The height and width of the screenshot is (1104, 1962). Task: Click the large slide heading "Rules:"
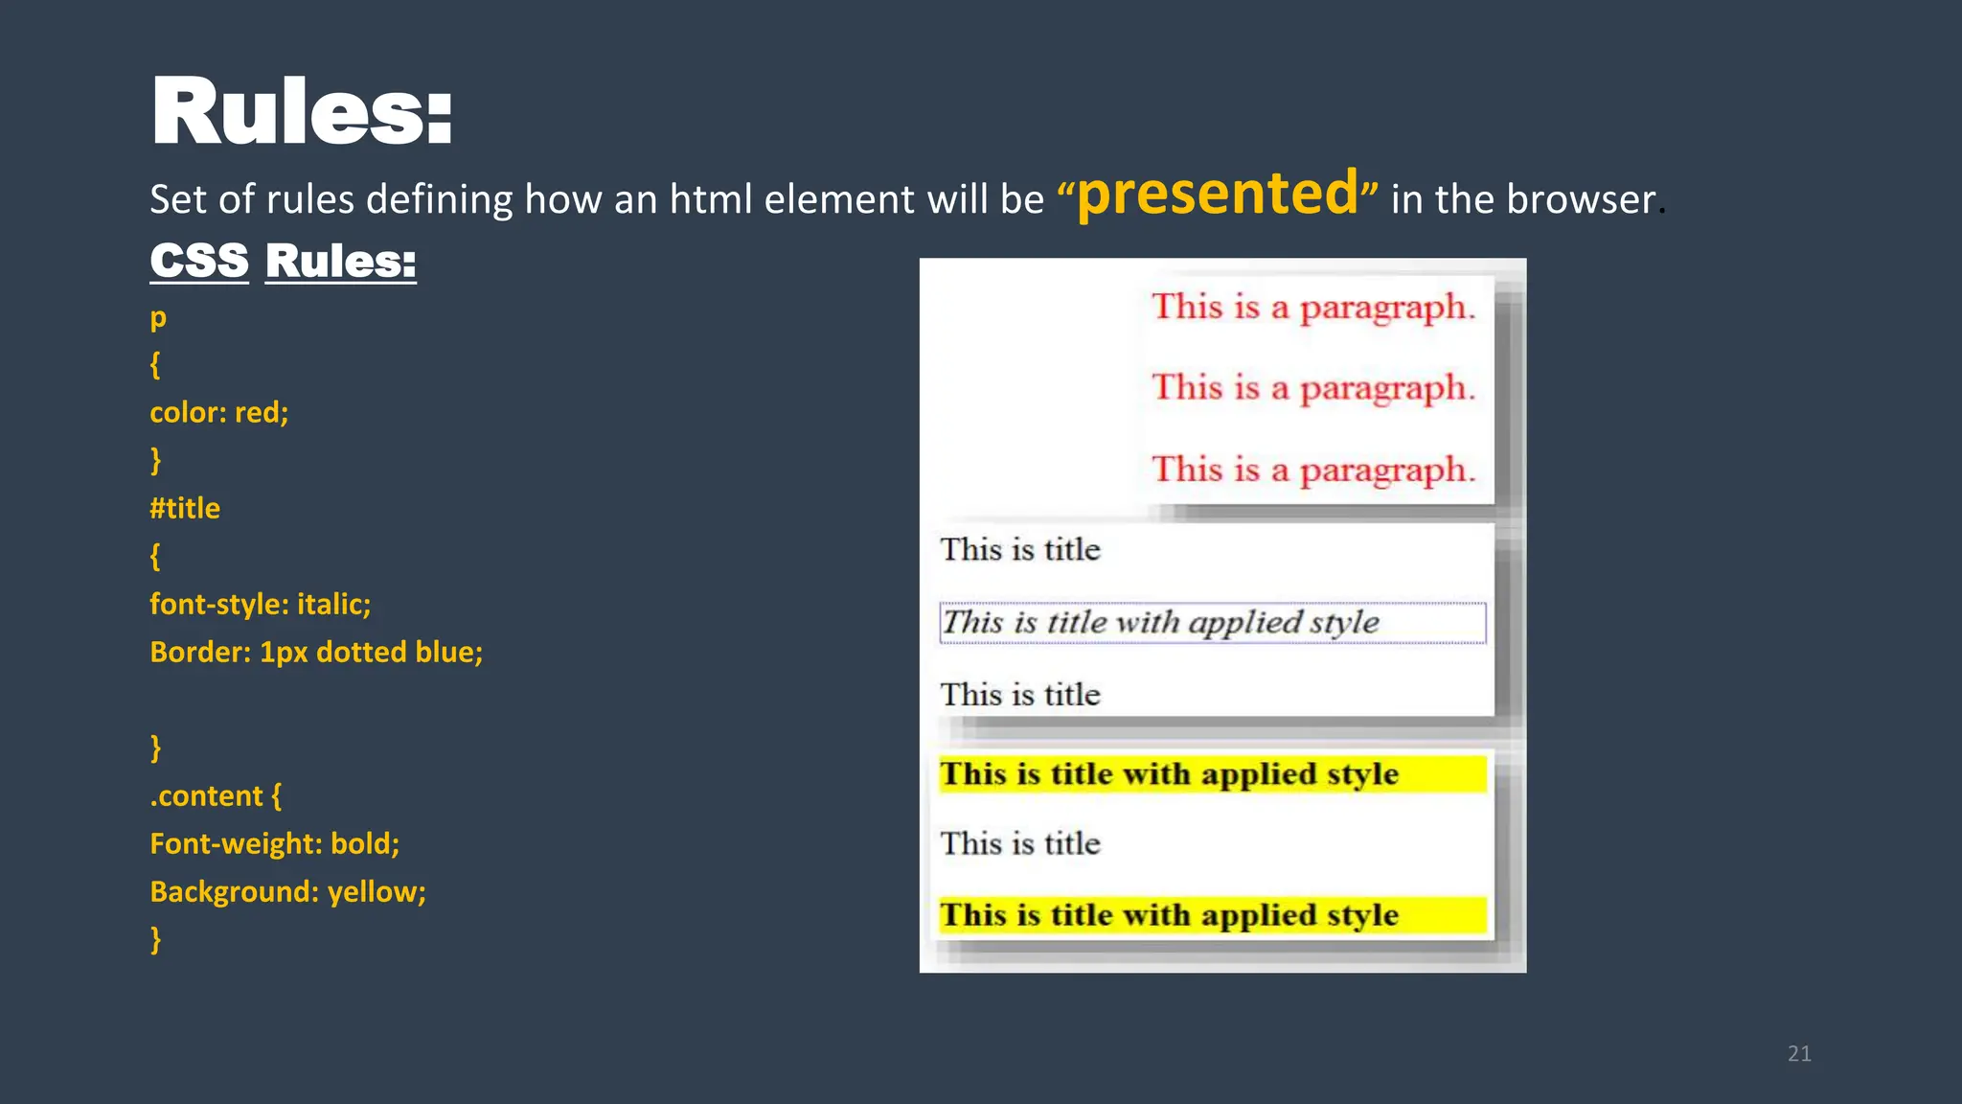pyautogui.click(x=302, y=112)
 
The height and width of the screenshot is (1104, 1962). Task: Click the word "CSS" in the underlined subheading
pyautogui.click(x=199, y=261)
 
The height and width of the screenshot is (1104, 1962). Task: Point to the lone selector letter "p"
pyautogui.click(x=158, y=317)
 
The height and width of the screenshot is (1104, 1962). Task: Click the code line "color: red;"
pyautogui.click(x=218, y=412)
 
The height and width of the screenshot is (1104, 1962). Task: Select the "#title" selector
pyautogui.click(x=185, y=508)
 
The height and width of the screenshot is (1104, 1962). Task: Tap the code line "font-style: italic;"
pyautogui.click(x=260, y=604)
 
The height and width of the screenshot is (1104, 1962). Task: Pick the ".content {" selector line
pyautogui.click(x=216, y=795)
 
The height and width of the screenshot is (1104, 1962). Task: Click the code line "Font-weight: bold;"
pyautogui.click(x=274, y=843)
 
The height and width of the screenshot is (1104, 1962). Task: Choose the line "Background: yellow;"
pyautogui.click(x=287, y=891)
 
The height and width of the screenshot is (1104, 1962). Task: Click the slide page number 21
pyautogui.click(x=1799, y=1053)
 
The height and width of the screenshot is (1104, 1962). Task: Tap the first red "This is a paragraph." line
pyautogui.click(x=1312, y=307)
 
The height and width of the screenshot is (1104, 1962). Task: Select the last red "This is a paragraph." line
pyautogui.click(x=1312, y=470)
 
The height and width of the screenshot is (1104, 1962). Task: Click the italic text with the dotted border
pyautogui.click(x=1160, y=622)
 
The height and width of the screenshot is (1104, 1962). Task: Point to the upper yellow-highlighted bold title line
pyautogui.click(x=1169, y=774)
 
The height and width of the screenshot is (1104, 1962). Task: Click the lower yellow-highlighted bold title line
pyautogui.click(x=1169, y=915)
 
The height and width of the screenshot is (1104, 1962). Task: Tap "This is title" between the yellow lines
pyautogui.click(x=1020, y=843)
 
